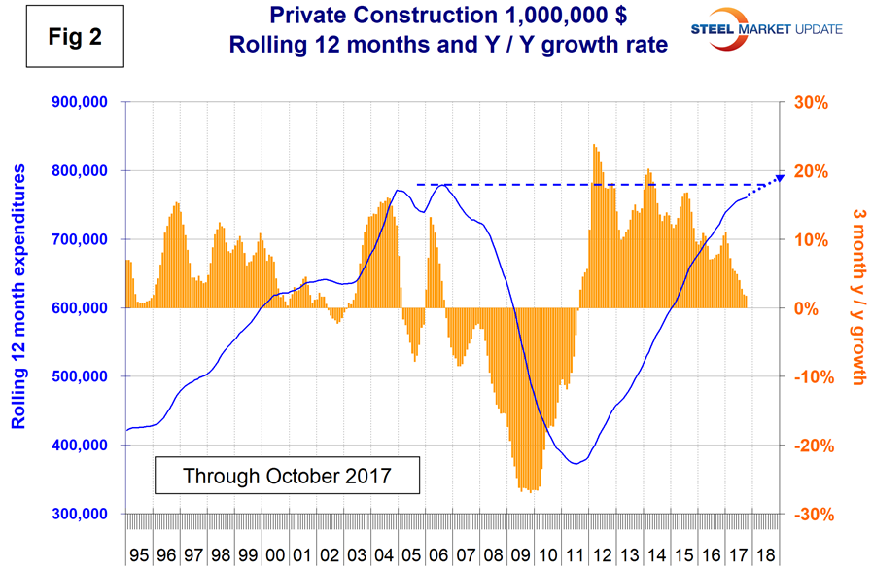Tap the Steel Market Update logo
[757, 31]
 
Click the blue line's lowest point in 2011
[576, 463]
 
